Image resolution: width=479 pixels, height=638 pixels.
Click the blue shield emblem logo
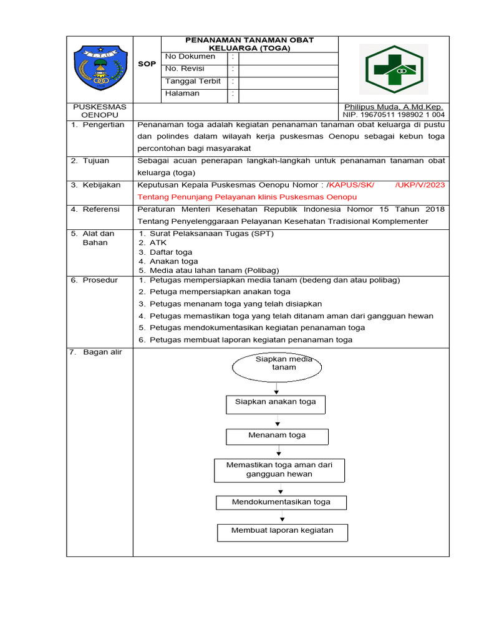click(x=99, y=69)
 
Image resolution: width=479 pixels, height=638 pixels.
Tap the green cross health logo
click(x=393, y=69)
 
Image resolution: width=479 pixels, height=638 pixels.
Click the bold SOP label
click(x=147, y=64)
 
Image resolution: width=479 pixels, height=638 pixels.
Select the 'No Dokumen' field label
click(x=190, y=57)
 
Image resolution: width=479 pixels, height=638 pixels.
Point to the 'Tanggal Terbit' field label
click(x=193, y=81)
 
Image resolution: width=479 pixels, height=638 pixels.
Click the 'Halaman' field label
click(x=182, y=93)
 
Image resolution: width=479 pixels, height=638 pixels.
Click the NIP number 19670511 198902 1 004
click(x=394, y=115)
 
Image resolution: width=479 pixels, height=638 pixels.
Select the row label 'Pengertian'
click(x=103, y=125)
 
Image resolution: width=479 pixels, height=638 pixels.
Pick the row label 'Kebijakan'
click(x=103, y=185)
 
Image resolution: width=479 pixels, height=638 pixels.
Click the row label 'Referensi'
click(x=103, y=209)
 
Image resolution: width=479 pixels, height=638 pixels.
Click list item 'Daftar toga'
click(x=171, y=252)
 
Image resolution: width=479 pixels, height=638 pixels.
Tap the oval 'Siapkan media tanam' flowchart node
click(x=278, y=367)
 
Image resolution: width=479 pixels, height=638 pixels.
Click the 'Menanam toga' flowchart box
click(x=277, y=436)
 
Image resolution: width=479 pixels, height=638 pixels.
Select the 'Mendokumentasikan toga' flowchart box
click(x=281, y=502)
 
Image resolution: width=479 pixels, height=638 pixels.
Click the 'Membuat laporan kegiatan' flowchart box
click(x=282, y=531)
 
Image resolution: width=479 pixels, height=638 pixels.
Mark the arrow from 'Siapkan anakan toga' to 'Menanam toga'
click(x=277, y=421)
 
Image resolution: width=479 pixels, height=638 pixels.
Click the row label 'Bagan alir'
click(x=100, y=353)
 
